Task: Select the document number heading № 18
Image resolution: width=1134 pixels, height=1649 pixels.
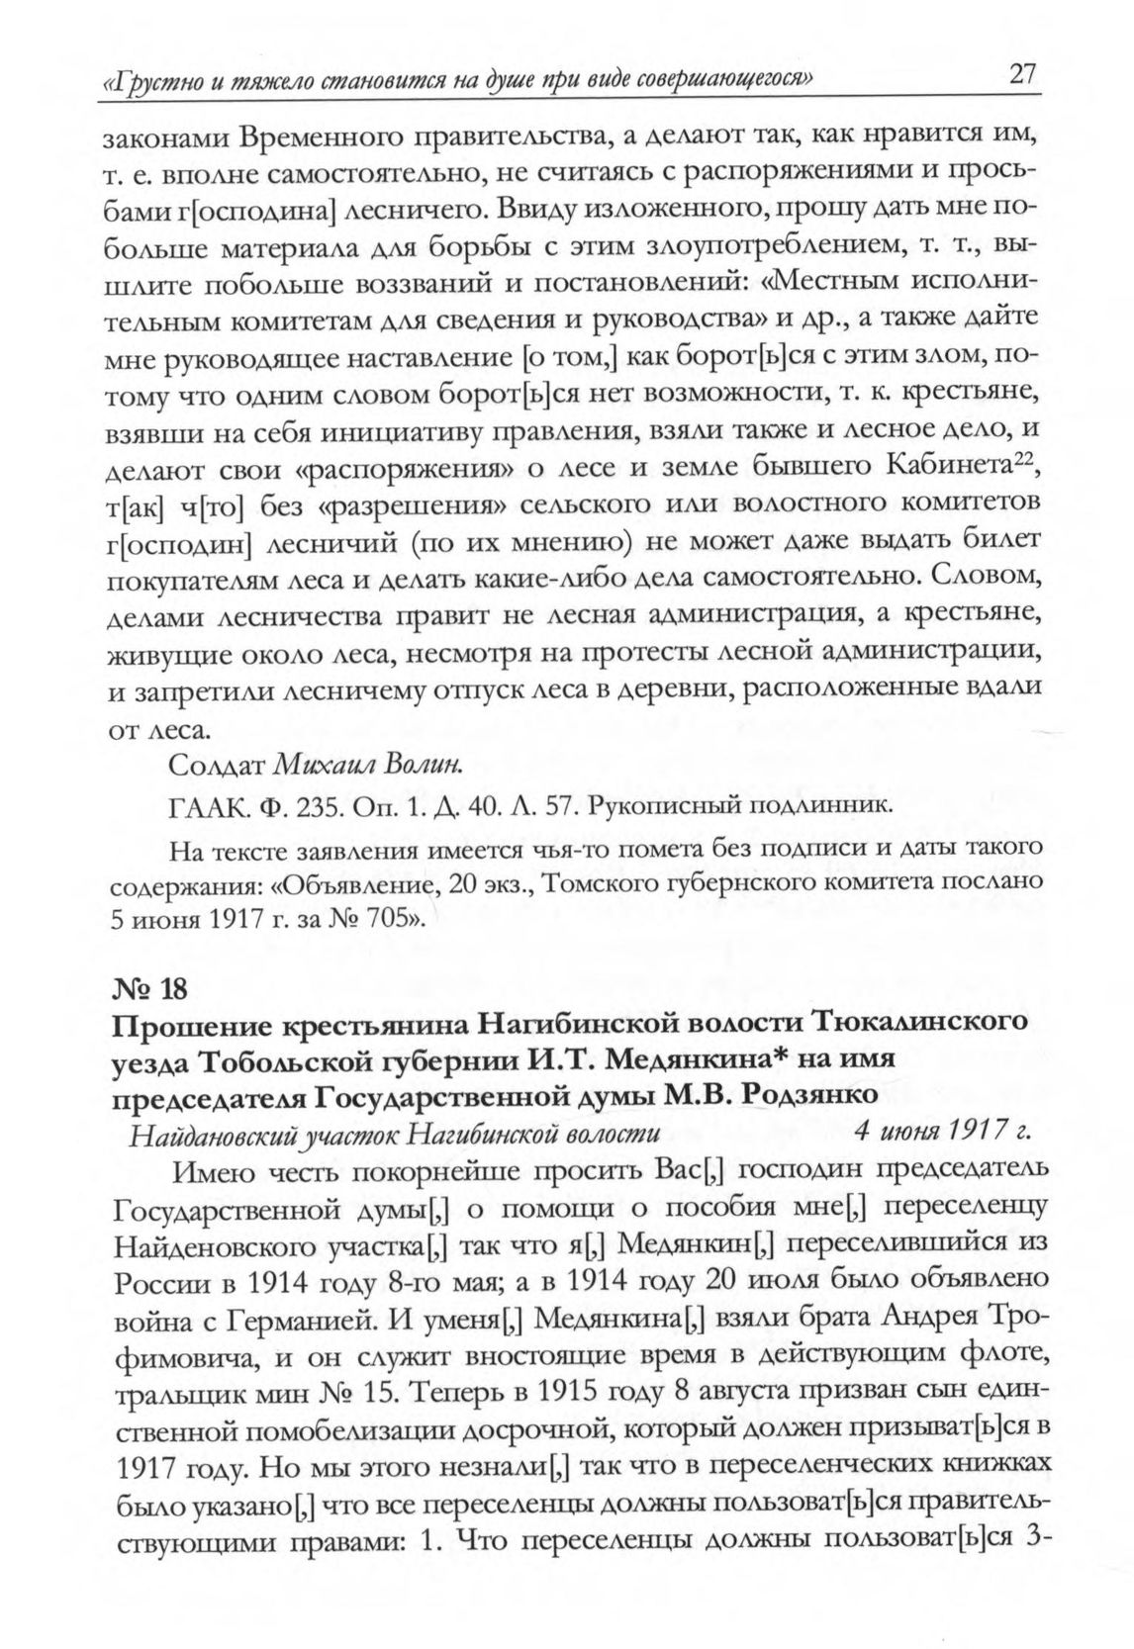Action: coord(147,988)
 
